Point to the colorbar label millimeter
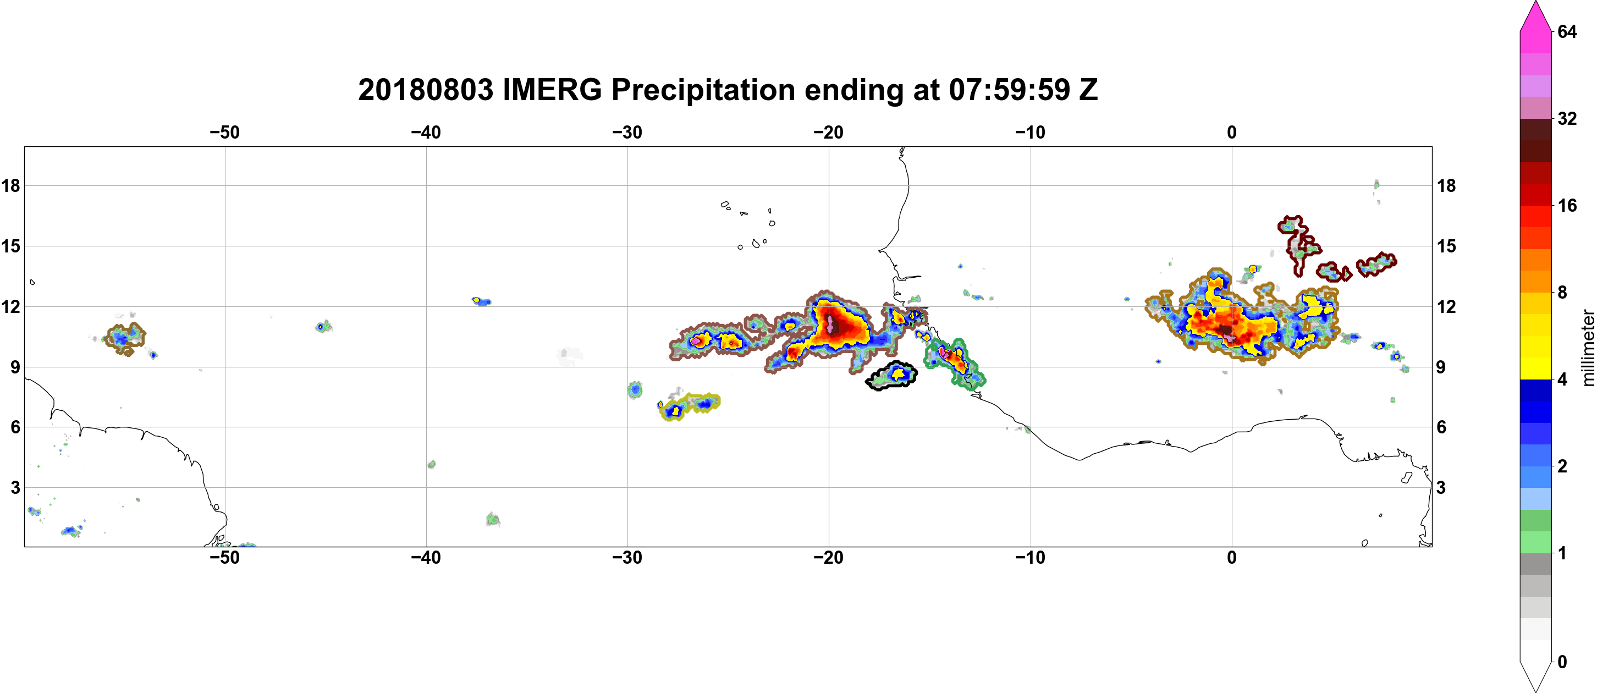coord(1588,348)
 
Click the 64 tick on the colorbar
coord(1567,31)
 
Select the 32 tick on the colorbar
coord(1567,118)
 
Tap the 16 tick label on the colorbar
coord(1567,205)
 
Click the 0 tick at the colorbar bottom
coord(1562,662)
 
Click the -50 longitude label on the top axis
coord(224,132)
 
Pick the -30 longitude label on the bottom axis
coord(627,558)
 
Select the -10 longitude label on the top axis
coord(1031,132)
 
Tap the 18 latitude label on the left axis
coord(10,185)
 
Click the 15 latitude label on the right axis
coord(1446,246)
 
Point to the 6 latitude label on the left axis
coord(15,427)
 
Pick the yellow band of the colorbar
coord(1535,335)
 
